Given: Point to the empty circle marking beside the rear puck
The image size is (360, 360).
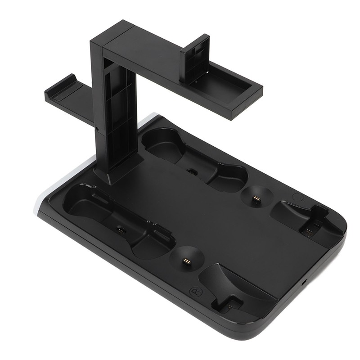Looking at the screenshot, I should click(297, 197).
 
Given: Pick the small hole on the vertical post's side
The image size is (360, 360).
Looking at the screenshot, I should click(98, 130).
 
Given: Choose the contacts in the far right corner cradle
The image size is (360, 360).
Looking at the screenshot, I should click(310, 231).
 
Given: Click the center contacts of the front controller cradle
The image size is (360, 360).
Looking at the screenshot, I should click(120, 229).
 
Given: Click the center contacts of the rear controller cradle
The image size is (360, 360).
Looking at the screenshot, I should click(192, 172).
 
